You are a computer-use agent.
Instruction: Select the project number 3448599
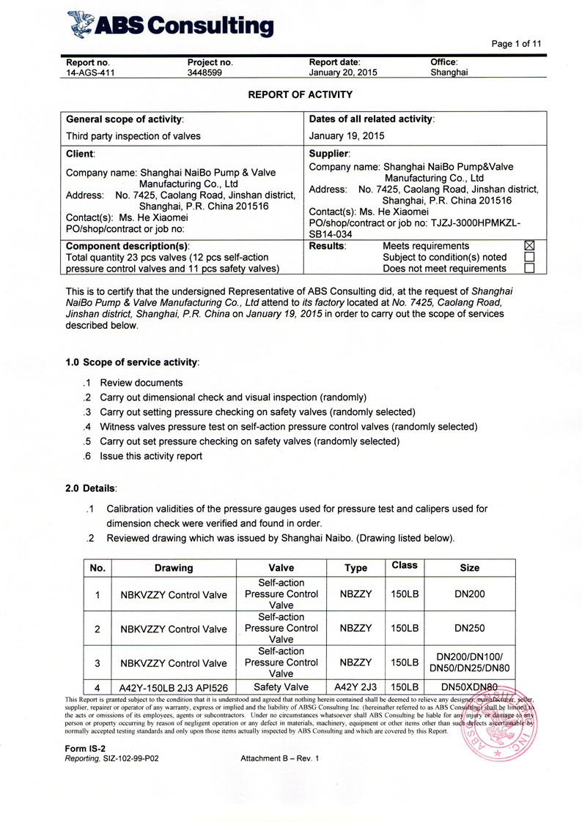point(205,73)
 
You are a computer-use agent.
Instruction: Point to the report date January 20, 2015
point(343,73)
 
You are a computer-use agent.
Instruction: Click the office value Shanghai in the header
point(449,73)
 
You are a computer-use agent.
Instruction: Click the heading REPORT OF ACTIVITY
point(290,94)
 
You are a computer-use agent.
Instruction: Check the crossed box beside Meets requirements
point(530,246)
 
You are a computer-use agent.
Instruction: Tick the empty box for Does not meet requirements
point(530,269)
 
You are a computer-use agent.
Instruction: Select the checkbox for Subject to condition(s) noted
point(530,258)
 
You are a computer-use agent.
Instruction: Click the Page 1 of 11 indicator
point(516,44)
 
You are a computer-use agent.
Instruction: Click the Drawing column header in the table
point(174,568)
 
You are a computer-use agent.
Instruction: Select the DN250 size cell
point(469,628)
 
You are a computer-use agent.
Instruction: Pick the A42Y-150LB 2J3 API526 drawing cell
point(174,687)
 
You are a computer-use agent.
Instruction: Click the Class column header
point(404,565)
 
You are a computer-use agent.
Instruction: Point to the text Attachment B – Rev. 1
point(280,758)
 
